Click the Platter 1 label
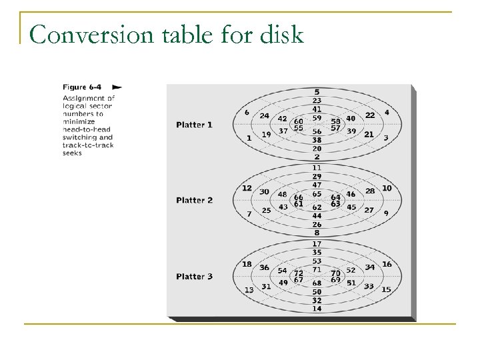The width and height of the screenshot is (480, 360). pos(195,124)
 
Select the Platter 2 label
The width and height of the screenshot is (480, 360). pos(195,200)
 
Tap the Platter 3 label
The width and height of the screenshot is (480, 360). pos(195,276)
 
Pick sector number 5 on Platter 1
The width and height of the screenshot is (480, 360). pos(317,91)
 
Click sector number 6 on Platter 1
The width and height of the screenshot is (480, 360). pos(247,112)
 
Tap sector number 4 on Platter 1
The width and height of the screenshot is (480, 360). pos(387,112)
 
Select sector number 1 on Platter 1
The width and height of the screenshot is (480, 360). pos(249,138)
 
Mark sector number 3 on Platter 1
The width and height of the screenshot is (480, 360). pos(387,138)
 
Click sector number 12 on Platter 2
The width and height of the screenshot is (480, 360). pos(247,188)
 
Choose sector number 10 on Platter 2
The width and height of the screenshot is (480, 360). pos(387,188)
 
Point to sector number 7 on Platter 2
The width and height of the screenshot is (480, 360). pos(249,214)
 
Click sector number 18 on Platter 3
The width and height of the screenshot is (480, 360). pos(247,264)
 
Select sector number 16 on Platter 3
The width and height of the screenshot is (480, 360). pos(387,264)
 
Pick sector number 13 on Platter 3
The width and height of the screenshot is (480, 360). pos(249,290)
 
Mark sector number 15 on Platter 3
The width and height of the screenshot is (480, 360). pos(387,290)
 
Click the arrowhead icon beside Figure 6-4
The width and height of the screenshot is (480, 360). pos(117,87)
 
